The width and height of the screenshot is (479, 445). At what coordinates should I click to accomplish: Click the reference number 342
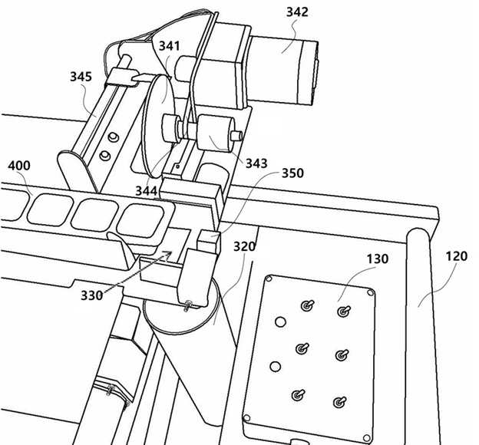click(x=297, y=12)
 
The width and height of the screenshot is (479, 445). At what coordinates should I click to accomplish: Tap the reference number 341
click(x=170, y=46)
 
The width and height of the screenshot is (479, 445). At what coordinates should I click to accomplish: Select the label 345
click(x=81, y=77)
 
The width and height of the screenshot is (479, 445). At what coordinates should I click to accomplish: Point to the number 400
click(x=19, y=166)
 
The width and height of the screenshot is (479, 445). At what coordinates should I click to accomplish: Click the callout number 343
click(x=256, y=163)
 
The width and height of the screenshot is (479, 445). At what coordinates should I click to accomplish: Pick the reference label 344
click(x=147, y=191)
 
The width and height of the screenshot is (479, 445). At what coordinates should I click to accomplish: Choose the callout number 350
click(x=292, y=173)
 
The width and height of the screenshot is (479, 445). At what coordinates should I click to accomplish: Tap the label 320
click(x=244, y=246)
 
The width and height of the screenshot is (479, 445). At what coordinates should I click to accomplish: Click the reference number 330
click(x=91, y=295)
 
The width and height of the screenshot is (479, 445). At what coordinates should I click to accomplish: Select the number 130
click(x=378, y=259)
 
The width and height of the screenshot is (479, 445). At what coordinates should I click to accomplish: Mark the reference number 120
click(x=457, y=256)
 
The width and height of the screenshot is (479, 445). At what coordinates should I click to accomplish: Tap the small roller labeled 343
click(x=216, y=133)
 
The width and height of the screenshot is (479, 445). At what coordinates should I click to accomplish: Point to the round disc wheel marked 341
click(x=159, y=125)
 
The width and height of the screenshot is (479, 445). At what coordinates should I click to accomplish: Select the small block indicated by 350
click(x=209, y=241)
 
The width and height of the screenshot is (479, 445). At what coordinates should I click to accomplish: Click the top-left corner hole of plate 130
click(x=269, y=279)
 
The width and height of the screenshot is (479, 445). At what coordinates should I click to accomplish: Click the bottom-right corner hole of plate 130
click(x=367, y=439)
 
